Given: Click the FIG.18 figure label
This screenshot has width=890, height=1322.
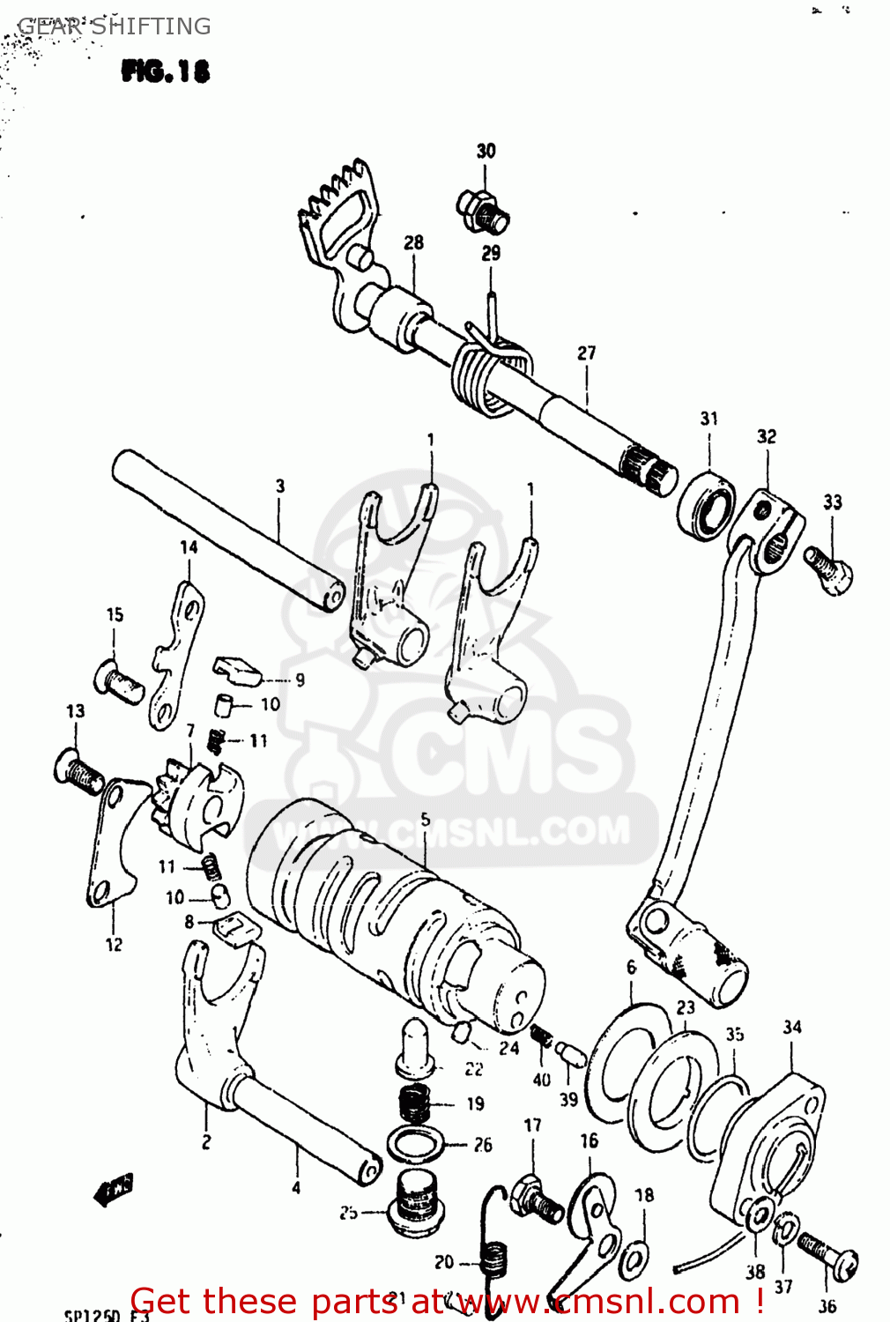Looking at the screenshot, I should (x=166, y=71).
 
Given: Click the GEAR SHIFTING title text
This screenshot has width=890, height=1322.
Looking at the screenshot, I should (x=115, y=26).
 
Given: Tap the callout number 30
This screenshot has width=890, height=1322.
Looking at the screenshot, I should (x=486, y=151).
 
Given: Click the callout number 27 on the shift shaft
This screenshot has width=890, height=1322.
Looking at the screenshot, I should (x=586, y=353).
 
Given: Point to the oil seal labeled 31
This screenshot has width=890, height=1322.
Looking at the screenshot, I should (x=707, y=506).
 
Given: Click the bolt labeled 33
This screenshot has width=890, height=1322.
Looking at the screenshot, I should (x=829, y=568).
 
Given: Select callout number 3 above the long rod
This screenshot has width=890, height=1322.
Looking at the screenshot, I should (x=280, y=486).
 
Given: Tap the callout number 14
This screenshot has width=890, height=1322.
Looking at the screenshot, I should (x=189, y=547).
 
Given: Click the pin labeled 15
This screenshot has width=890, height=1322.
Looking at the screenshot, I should (x=118, y=681).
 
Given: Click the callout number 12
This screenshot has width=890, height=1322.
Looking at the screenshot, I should (x=114, y=945).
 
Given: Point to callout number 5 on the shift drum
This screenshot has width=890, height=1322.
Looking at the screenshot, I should (x=426, y=819).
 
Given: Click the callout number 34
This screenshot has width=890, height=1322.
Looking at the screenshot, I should (x=792, y=1027).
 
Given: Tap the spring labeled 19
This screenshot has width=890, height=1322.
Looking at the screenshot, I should (x=415, y=1103).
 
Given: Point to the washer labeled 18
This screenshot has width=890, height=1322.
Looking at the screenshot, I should (x=634, y=1259).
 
